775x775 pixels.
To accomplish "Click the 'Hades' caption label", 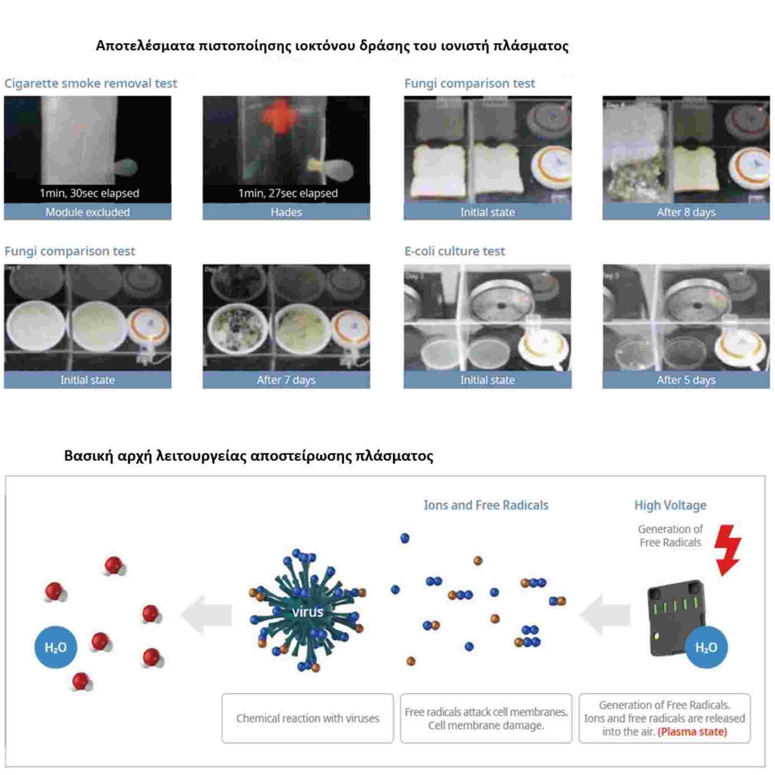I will [x=286, y=212].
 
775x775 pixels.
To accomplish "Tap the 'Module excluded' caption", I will [x=87, y=212].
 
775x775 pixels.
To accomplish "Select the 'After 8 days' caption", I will [x=686, y=212].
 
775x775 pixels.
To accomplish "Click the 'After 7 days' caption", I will [x=286, y=380].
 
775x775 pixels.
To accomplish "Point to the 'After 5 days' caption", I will [x=686, y=380].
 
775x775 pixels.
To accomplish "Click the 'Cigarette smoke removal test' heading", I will [x=90, y=83].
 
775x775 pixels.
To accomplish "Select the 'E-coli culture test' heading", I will [x=454, y=251].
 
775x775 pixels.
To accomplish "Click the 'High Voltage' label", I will [x=670, y=505].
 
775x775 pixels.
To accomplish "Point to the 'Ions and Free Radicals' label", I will [x=486, y=505].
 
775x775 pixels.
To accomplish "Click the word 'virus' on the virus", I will [x=307, y=612].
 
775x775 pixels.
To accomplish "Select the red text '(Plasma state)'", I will [x=692, y=732].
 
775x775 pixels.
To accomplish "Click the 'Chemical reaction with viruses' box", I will [x=307, y=718].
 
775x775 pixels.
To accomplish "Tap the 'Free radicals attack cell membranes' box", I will [x=486, y=718].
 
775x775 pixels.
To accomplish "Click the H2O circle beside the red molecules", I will [x=56, y=647].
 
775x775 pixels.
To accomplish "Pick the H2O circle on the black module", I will [x=706, y=647].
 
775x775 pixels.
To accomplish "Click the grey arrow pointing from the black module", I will [x=605, y=614].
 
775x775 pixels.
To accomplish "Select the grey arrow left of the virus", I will [x=207, y=614].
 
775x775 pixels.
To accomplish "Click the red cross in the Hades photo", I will [x=280, y=115].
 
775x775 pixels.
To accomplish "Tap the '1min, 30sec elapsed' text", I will [x=89, y=193].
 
